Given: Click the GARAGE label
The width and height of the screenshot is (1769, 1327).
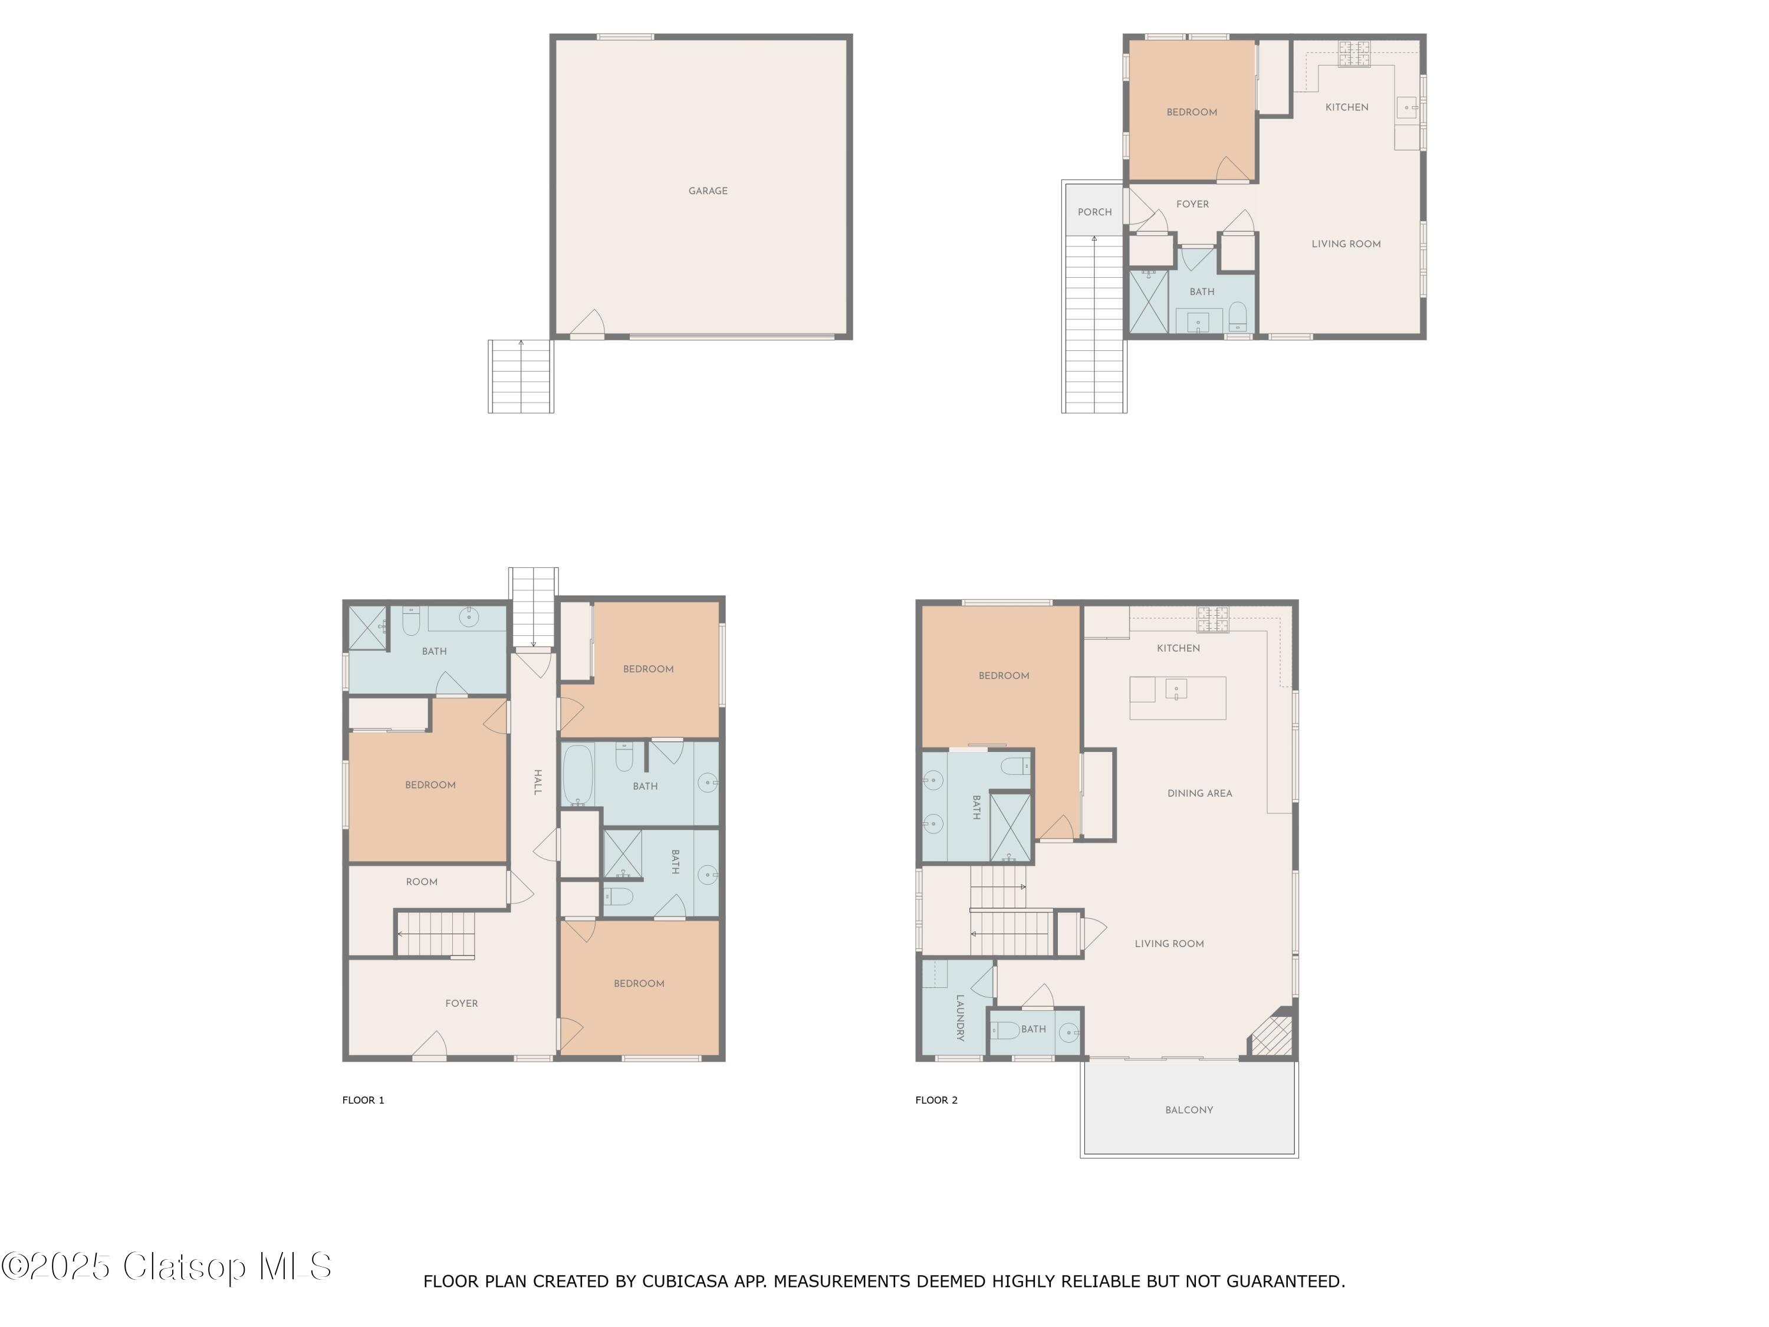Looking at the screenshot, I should pos(708,191).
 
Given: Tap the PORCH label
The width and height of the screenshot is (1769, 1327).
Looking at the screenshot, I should pos(1094,212).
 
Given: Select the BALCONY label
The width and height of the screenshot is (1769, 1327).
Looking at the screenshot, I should pos(1188,1109).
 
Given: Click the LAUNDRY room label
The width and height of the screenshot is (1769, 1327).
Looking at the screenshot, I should pos(959,1017).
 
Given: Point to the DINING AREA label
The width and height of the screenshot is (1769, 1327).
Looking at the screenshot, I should pos(1199,793).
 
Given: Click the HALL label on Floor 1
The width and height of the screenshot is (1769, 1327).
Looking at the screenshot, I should pos(537,781).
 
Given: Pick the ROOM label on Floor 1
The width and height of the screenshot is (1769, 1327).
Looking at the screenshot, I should pos(422,882).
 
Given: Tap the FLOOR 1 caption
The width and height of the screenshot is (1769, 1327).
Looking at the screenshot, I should pos(363,1100).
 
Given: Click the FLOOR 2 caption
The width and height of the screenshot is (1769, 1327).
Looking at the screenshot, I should pos(936,1100).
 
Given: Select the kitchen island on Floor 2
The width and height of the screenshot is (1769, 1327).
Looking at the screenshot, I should pos(1177,698).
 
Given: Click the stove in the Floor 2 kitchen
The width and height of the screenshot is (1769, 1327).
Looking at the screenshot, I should pos(1212,618).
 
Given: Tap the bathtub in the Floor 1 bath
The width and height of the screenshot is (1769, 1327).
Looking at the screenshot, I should pos(577,775).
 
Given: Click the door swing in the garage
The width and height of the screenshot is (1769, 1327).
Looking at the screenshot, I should pos(588,323).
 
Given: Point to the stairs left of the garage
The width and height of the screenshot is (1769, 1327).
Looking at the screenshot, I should pos(521,376).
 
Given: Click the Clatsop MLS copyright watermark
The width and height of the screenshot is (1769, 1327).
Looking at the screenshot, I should pos(166,1267).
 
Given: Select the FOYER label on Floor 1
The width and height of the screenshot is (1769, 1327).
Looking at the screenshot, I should pos(462,1003).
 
